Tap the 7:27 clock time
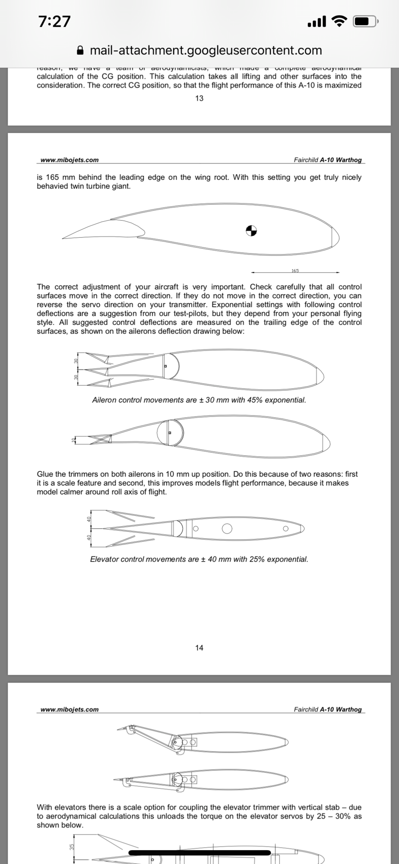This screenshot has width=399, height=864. pos(54,21)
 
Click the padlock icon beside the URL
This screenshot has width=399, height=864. pos(80,51)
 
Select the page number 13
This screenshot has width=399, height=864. pos(199,98)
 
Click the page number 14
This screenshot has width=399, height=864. pos(199,648)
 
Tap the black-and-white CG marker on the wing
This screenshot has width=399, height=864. pos(251,231)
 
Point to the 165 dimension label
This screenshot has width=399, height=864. pos(295,270)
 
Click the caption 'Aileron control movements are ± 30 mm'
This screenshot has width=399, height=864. pos(199,400)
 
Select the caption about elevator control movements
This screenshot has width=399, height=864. pos(199,559)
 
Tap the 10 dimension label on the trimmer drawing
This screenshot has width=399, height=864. pos(73,440)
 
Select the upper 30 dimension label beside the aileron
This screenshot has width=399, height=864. pos(76,361)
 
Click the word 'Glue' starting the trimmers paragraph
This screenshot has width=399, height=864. pos(45,474)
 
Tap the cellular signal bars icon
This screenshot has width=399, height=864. pos(317,21)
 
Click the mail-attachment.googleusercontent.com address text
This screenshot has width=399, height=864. pos(206,51)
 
